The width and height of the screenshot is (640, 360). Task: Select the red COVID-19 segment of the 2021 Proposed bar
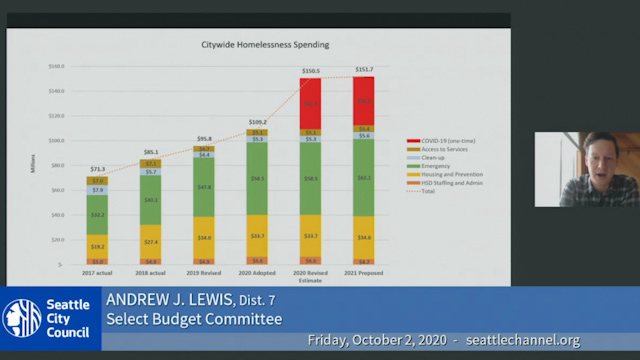(x=363, y=100)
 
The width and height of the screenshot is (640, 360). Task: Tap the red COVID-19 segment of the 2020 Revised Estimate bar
(x=310, y=102)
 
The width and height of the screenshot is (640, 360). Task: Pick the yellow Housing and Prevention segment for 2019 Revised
(x=204, y=237)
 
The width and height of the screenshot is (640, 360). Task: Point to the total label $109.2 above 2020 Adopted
(x=257, y=122)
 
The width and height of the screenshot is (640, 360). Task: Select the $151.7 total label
(x=363, y=70)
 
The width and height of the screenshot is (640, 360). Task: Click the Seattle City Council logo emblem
(x=22, y=317)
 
